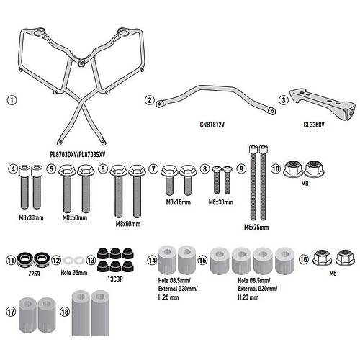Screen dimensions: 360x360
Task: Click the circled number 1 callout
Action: [x=12, y=100]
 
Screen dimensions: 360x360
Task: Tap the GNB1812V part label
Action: [x=212, y=125]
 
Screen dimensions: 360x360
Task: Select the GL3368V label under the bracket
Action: [x=314, y=125]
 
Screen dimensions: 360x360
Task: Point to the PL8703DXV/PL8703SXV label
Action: [x=78, y=155]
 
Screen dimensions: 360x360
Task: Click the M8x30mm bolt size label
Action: [x=31, y=217]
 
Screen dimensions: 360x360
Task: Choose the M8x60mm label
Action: [x=128, y=224]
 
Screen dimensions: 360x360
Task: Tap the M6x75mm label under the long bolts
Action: [x=256, y=227]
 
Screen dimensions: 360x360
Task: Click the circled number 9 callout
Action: [x=241, y=168]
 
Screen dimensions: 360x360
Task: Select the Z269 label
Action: [x=34, y=274]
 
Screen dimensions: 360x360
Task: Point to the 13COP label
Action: [x=115, y=279]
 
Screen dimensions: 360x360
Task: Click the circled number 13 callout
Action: [x=91, y=261]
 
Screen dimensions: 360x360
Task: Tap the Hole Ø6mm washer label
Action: [x=74, y=273]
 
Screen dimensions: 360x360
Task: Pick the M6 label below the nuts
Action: [x=333, y=274]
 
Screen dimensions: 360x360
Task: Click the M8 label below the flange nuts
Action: [x=305, y=184]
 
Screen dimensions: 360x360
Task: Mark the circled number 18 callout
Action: [x=65, y=312]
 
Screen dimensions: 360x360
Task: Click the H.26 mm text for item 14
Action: [x=168, y=297]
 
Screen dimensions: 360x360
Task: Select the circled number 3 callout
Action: [x=284, y=100]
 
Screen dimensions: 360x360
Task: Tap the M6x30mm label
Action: [x=221, y=202]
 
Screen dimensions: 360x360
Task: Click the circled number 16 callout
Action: [x=304, y=259]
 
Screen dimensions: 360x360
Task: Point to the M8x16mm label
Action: [x=179, y=202]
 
